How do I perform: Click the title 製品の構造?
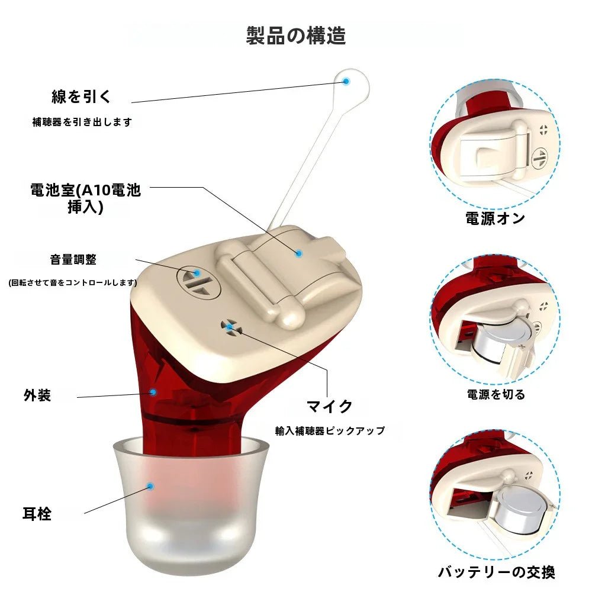click(x=296, y=36)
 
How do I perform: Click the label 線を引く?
click(x=82, y=96)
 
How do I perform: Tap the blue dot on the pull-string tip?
click(x=347, y=80)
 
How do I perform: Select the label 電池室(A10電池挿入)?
click(x=86, y=199)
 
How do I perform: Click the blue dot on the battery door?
click(x=299, y=253)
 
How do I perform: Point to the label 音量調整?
click(x=73, y=259)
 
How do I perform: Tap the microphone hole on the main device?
click(x=230, y=327)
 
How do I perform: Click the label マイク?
click(x=329, y=406)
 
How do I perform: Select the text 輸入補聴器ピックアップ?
click(x=330, y=431)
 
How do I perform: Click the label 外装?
click(x=37, y=395)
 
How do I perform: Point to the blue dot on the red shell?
click(x=153, y=391)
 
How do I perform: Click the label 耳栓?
click(x=37, y=514)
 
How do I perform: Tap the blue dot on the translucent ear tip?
click(x=150, y=486)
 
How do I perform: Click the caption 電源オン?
click(x=496, y=218)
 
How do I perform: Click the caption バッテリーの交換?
click(x=497, y=572)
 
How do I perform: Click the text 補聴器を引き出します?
click(x=82, y=122)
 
